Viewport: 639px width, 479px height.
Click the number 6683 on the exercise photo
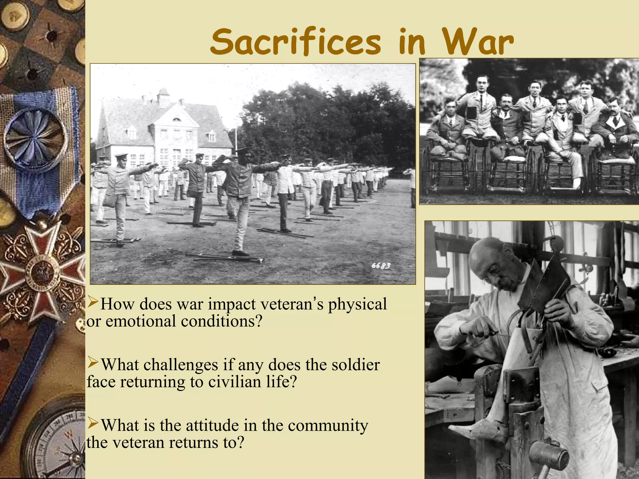381,266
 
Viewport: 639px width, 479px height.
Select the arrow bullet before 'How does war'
93,302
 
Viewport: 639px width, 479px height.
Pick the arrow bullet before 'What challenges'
93,362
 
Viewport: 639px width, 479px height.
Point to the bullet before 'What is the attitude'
93,423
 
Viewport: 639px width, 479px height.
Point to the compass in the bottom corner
59,446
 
